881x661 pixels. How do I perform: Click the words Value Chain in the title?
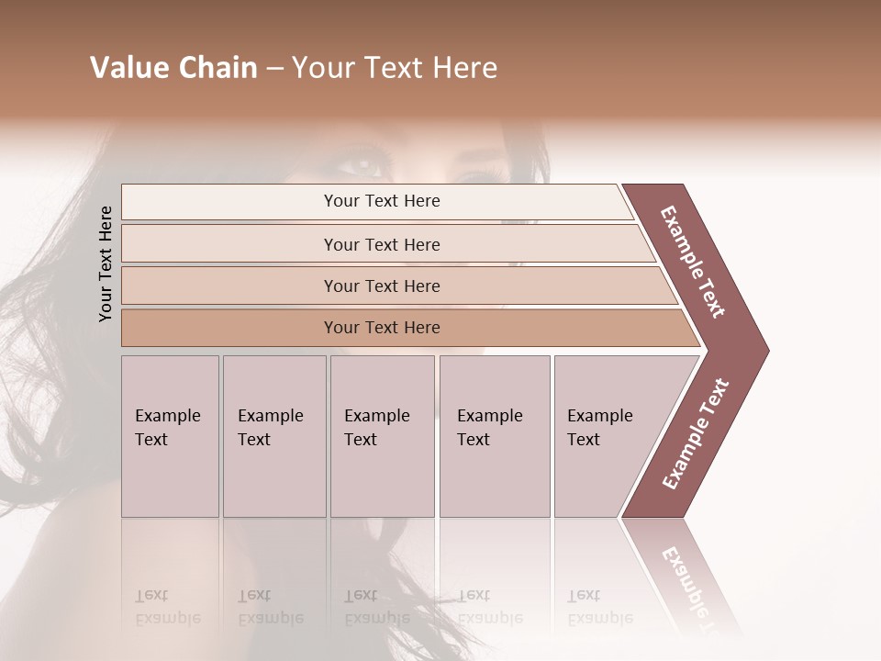click(x=173, y=68)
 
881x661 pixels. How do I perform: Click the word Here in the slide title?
click(x=468, y=68)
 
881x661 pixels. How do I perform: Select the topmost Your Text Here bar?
click(x=382, y=201)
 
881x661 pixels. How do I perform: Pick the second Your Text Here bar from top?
click(x=382, y=244)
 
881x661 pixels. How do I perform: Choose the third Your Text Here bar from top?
click(x=382, y=286)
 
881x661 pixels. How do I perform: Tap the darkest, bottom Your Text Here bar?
click(x=382, y=327)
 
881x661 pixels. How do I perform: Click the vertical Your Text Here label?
click(x=106, y=263)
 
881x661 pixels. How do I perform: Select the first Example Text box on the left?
click(x=170, y=436)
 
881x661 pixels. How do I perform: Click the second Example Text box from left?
click(x=273, y=436)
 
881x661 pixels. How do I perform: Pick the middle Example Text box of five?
click(x=382, y=436)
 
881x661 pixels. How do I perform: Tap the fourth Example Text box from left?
click(x=494, y=436)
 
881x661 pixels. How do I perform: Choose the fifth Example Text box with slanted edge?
click(x=606, y=436)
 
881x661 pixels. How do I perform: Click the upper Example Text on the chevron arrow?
click(x=693, y=262)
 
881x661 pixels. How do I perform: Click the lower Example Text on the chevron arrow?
click(x=696, y=433)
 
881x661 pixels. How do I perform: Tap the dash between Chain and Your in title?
click(x=274, y=69)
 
